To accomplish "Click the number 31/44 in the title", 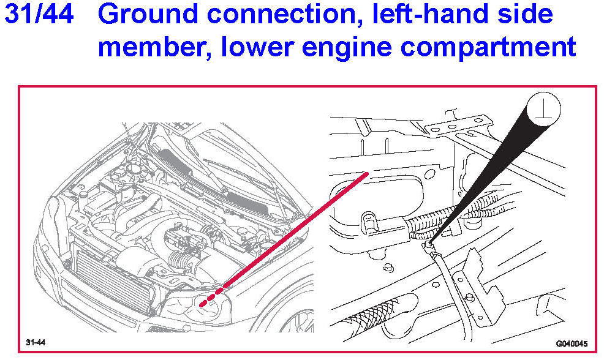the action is [x=39, y=14].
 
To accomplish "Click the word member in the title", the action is [x=155, y=48].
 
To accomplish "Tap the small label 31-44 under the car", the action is [x=36, y=342].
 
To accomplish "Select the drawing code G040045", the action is [x=572, y=343].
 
